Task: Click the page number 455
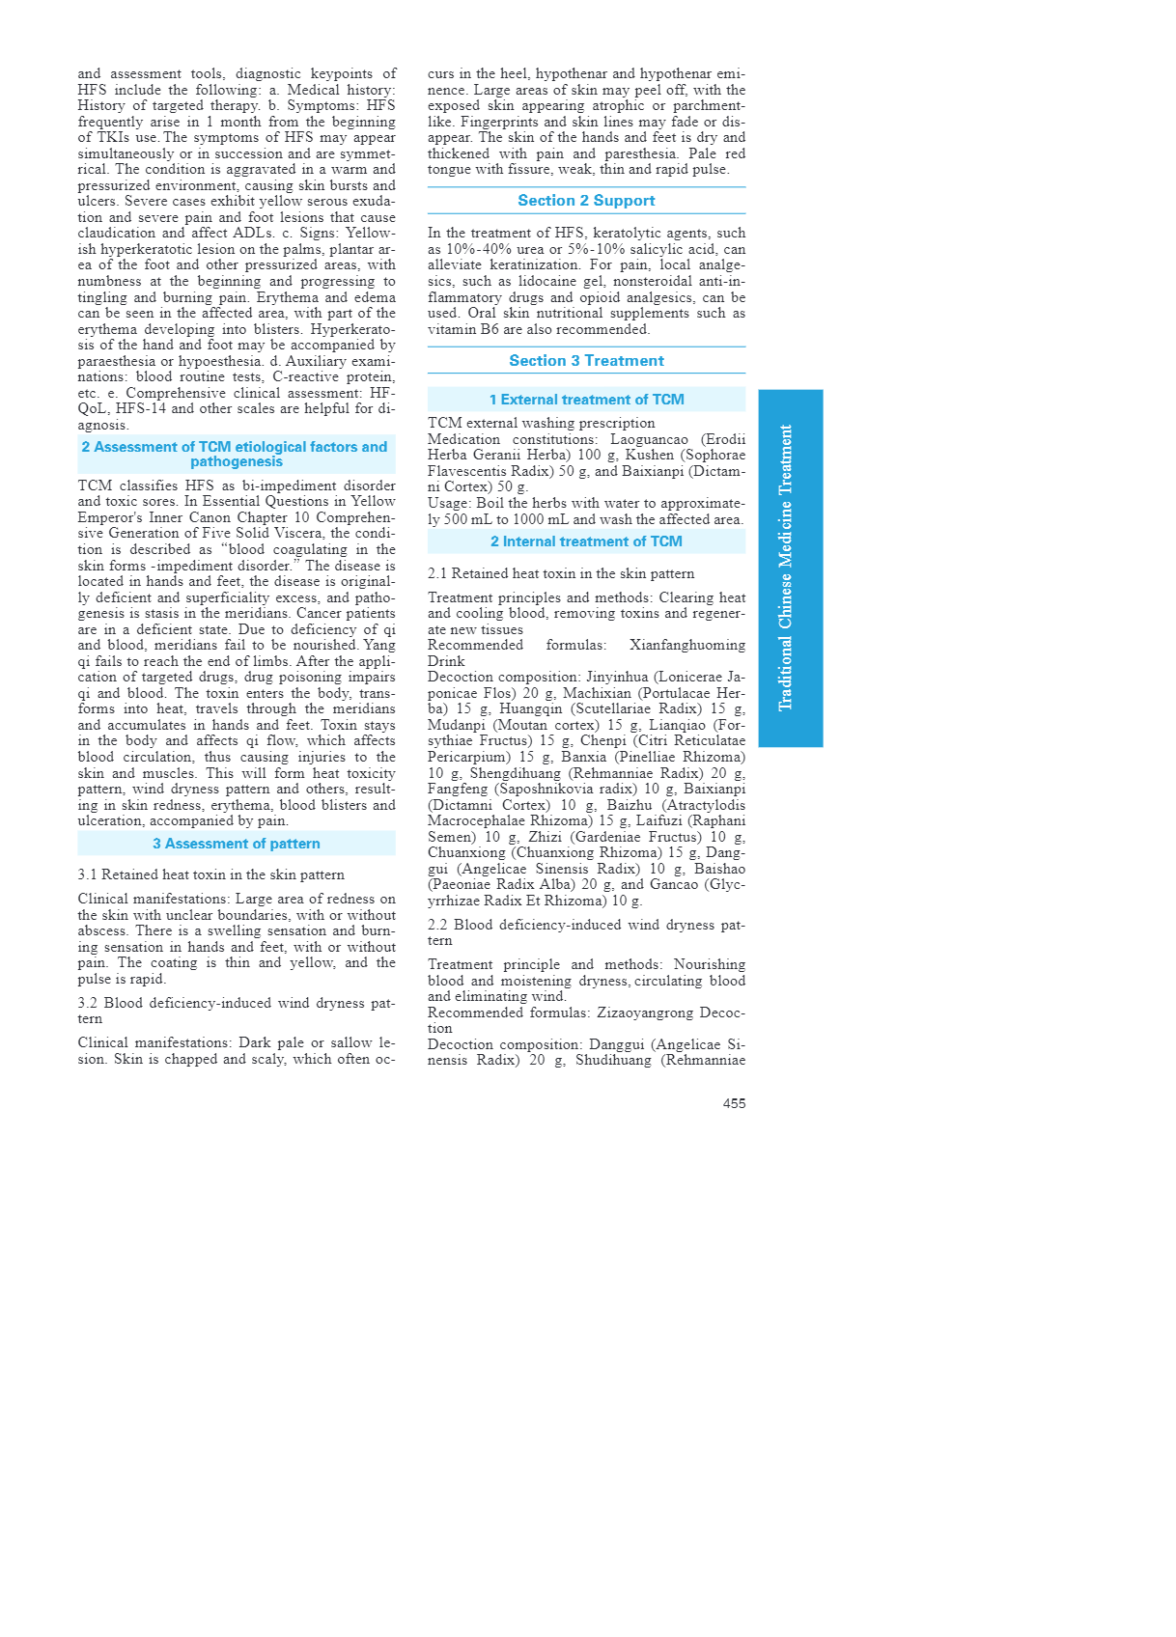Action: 734,1103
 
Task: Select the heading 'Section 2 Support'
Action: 586,201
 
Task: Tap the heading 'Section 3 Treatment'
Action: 586,361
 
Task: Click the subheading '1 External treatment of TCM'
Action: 586,400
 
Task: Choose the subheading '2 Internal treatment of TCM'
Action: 586,541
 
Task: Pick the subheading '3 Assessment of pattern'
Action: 237,844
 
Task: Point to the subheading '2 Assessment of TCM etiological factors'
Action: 235,454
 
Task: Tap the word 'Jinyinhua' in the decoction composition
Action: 617,677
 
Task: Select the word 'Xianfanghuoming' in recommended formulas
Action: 686,645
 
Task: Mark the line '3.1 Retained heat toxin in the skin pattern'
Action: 210,874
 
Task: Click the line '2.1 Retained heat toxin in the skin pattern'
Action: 560,573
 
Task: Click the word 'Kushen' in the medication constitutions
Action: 650,455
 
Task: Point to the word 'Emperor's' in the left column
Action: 110,517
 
